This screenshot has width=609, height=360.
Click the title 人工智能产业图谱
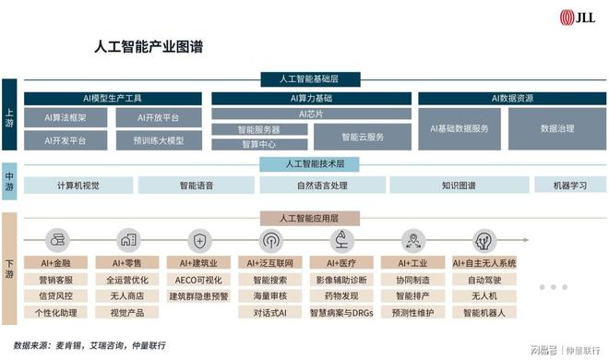pos(150,43)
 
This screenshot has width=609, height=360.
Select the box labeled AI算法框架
pos(66,118)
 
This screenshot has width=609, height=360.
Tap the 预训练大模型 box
pos(158,141)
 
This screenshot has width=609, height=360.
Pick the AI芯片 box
pos(310,114)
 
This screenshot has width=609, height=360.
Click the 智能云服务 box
pos(363,137)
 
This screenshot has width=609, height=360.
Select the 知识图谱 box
pos(458,186)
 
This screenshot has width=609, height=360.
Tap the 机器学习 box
pos(569,186)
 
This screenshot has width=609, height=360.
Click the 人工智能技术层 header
pos(310,163)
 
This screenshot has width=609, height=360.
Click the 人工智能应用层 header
pos(310,218)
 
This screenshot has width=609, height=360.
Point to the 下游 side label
pos(9,268)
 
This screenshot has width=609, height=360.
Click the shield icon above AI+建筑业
pos(199,242)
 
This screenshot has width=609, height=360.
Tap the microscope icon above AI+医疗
pos(341,242)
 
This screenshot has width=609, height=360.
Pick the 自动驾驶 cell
pos(484,280)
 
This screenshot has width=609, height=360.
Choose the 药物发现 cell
pos(341,296)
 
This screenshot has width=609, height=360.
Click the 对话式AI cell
pos(270,313)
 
